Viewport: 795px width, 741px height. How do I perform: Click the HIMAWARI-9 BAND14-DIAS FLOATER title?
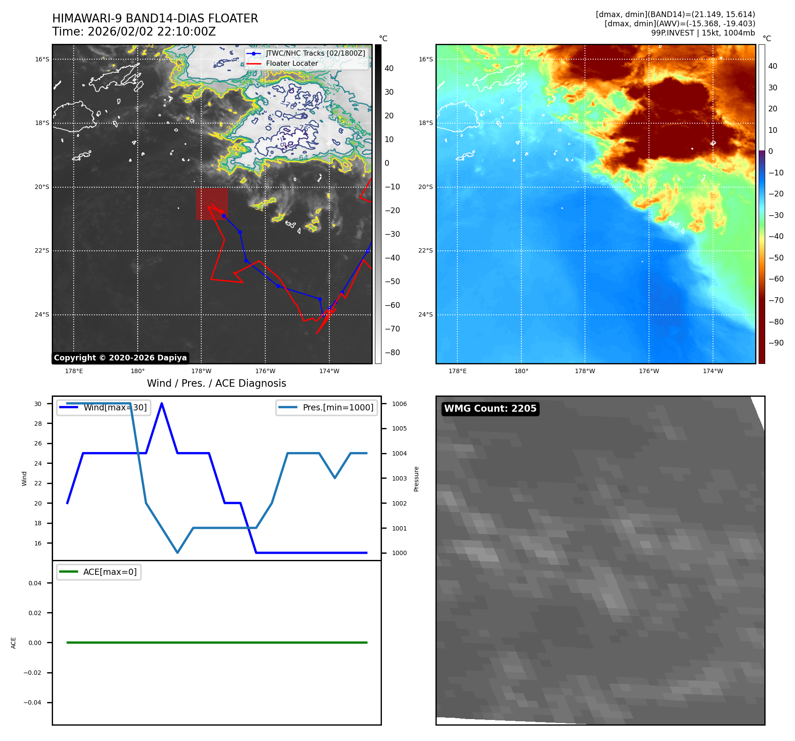tap(155, 18)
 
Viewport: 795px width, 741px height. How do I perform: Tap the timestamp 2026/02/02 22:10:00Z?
tap(151, 32)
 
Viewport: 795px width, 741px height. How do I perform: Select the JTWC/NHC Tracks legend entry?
tap(315, 53)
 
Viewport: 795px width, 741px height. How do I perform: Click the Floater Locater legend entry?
tap(292, 63)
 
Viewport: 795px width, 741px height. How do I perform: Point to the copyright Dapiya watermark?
tap(120, 358)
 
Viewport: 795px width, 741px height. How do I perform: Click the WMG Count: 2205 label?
tap(490, 408)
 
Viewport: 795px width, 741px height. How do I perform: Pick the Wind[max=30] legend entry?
tap(115, 407)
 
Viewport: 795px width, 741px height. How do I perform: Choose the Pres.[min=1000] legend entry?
tap(338, 407)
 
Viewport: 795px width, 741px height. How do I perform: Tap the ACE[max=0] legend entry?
tap(110, 572)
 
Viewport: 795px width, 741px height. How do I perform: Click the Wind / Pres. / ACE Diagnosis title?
tap(216, 383)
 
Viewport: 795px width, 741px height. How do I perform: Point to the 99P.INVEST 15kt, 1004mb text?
tap(702, 33)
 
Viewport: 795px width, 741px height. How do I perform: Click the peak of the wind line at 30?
tap(162, 403)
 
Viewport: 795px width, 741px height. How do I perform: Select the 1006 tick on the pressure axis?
tap(399, 404)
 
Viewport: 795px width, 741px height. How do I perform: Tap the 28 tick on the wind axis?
tap(38, 424)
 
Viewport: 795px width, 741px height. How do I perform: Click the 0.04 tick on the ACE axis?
tap(35, 583)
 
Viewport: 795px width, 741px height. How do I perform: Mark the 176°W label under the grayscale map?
tap(265, 371)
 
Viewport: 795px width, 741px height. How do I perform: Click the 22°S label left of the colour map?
tap(425, 251)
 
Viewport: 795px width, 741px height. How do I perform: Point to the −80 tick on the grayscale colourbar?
tap(392, 353)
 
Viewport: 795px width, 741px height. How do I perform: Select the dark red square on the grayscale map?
tap(212, 204)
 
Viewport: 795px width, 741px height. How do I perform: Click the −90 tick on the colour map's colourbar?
tap(776, 343)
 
